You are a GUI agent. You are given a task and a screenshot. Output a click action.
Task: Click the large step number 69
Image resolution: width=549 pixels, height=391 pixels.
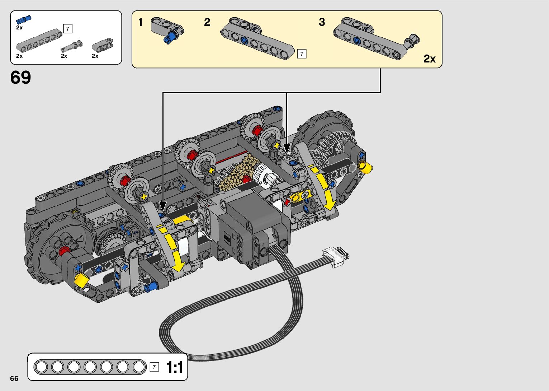20,77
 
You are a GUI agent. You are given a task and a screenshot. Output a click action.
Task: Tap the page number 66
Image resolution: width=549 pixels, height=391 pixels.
14,378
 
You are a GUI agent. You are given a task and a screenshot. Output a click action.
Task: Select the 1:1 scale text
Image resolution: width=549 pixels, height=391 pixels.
175,367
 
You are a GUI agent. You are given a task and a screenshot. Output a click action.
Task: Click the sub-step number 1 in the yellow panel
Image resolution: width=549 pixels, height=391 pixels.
141,22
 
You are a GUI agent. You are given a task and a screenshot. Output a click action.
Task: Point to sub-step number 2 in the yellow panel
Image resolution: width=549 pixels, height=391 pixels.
207,22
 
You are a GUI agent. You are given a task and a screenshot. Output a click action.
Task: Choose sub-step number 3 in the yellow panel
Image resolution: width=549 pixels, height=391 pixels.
322,22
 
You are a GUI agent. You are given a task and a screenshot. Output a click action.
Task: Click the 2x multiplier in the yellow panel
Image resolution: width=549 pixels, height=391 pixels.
430,59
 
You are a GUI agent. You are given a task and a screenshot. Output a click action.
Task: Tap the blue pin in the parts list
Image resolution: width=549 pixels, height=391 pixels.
24,19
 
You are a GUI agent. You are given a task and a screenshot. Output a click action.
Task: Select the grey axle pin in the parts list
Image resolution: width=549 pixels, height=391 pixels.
72,46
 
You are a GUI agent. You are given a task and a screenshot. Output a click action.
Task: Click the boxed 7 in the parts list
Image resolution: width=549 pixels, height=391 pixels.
68,29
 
